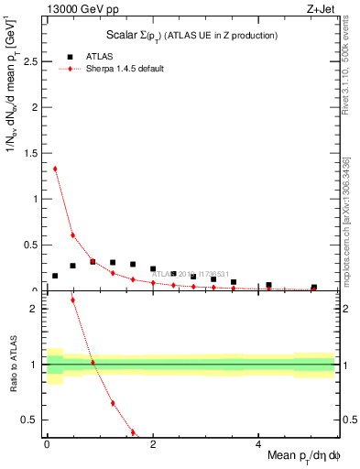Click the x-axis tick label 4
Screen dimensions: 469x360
click(257, 444)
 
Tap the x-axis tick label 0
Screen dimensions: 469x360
click(47, 444)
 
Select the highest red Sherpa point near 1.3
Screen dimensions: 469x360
click(55, 169)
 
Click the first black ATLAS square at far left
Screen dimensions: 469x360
click(55, 276)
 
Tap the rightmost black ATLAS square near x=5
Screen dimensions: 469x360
click(313, 288)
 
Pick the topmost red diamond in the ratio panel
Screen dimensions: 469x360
click(72, 300)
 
